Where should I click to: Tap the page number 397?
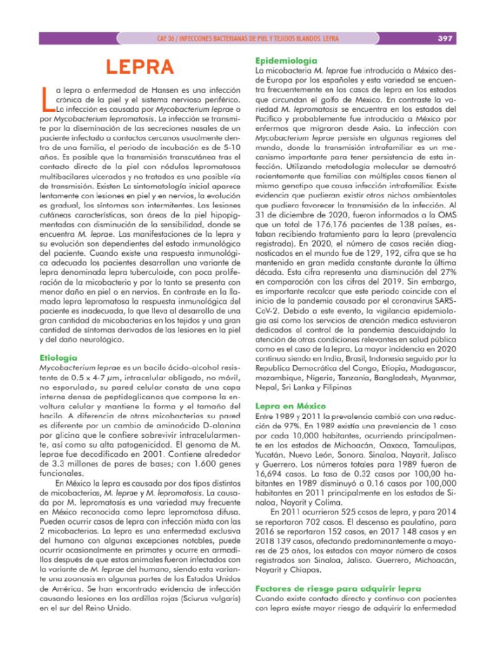tap(445, 39)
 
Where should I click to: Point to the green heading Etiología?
tap(58, 358)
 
